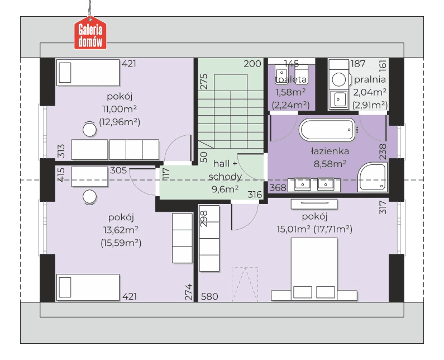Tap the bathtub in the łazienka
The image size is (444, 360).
click(327, 130)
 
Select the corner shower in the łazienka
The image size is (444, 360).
click(373, 177)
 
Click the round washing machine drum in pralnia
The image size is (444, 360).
click(339, 79)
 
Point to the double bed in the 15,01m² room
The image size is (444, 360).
click(314, 269)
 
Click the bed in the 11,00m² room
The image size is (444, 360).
click(88, 72)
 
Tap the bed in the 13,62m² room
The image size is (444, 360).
click(88, 287)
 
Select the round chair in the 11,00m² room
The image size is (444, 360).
click(90, 130)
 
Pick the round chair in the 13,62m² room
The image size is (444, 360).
click(90, 197)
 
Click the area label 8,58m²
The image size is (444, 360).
click(330, 164)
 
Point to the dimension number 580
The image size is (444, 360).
click(209, 296)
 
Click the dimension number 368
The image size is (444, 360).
click(278, 188)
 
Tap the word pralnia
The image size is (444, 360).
click(370, 79)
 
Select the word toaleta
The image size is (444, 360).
click(291, 79)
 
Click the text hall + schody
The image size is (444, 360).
click(225, 170)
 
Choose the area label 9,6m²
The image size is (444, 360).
click(225, 189)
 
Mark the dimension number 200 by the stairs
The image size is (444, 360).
click(252, 64)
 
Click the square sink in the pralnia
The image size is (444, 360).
click(338, 100)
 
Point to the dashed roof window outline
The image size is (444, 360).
click(245, 284)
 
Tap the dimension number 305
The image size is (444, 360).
click(118, 170)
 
